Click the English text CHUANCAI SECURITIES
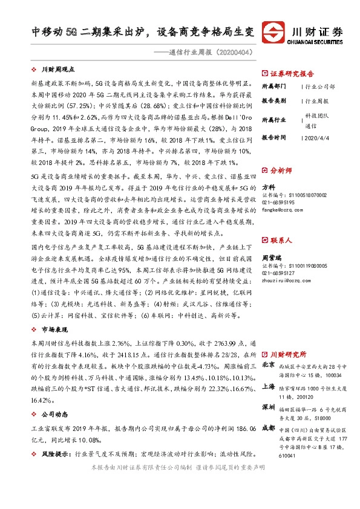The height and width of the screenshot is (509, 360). click(x=318, y=42)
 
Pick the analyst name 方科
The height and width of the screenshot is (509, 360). click(x=269, y=187)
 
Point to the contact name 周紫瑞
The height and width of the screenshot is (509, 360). click(x=272, y=240)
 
